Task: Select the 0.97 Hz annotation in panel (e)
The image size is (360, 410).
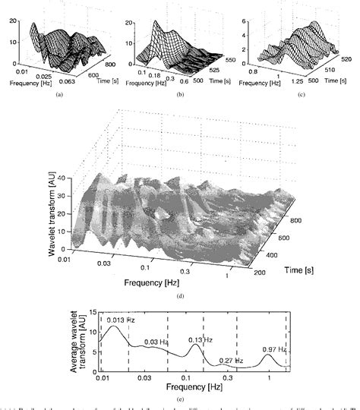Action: click(274, 349)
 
